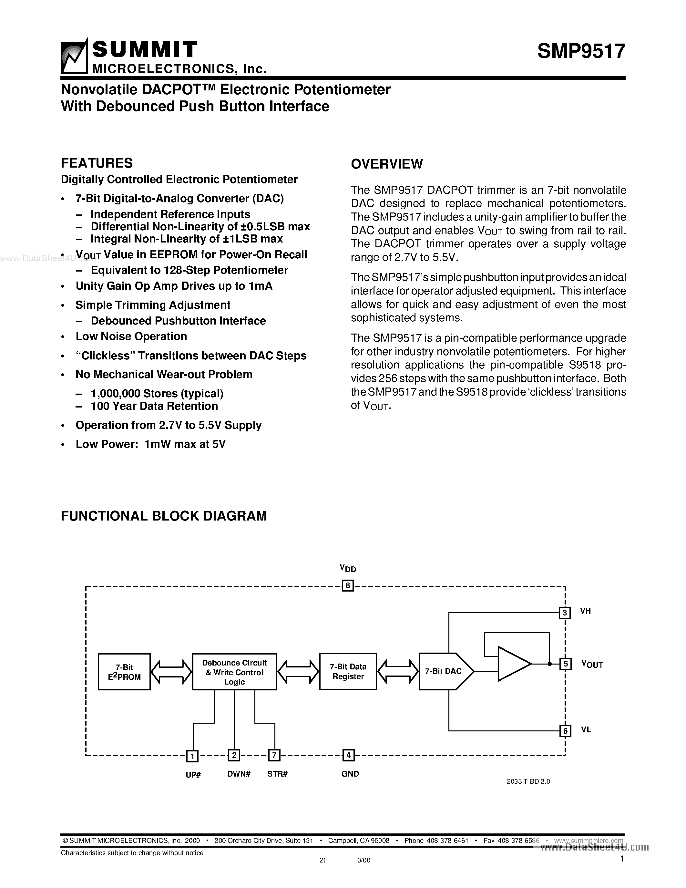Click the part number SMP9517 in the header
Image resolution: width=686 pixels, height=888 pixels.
point(581,52)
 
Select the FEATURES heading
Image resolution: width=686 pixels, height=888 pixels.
point(97,163)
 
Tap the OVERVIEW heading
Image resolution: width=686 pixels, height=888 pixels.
point(386,164)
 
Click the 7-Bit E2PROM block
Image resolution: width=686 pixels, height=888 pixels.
point(124,672)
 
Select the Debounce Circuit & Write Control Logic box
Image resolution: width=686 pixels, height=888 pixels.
point(234,672)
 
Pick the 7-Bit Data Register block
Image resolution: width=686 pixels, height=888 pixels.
point(348,671)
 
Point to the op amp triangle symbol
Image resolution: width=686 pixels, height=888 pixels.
point(513,664)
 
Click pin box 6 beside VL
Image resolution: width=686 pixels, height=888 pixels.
point(565,731)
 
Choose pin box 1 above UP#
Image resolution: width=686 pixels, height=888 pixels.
point(192,756)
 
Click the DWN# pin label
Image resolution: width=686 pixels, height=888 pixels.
point(239,774)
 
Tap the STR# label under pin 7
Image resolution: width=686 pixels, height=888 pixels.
point(277,774)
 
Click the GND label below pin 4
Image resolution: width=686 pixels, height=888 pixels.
point(350,774)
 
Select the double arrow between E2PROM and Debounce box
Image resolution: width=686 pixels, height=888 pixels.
point(171,671)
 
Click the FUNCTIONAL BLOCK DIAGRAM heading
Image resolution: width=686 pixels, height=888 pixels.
point(164,516)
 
